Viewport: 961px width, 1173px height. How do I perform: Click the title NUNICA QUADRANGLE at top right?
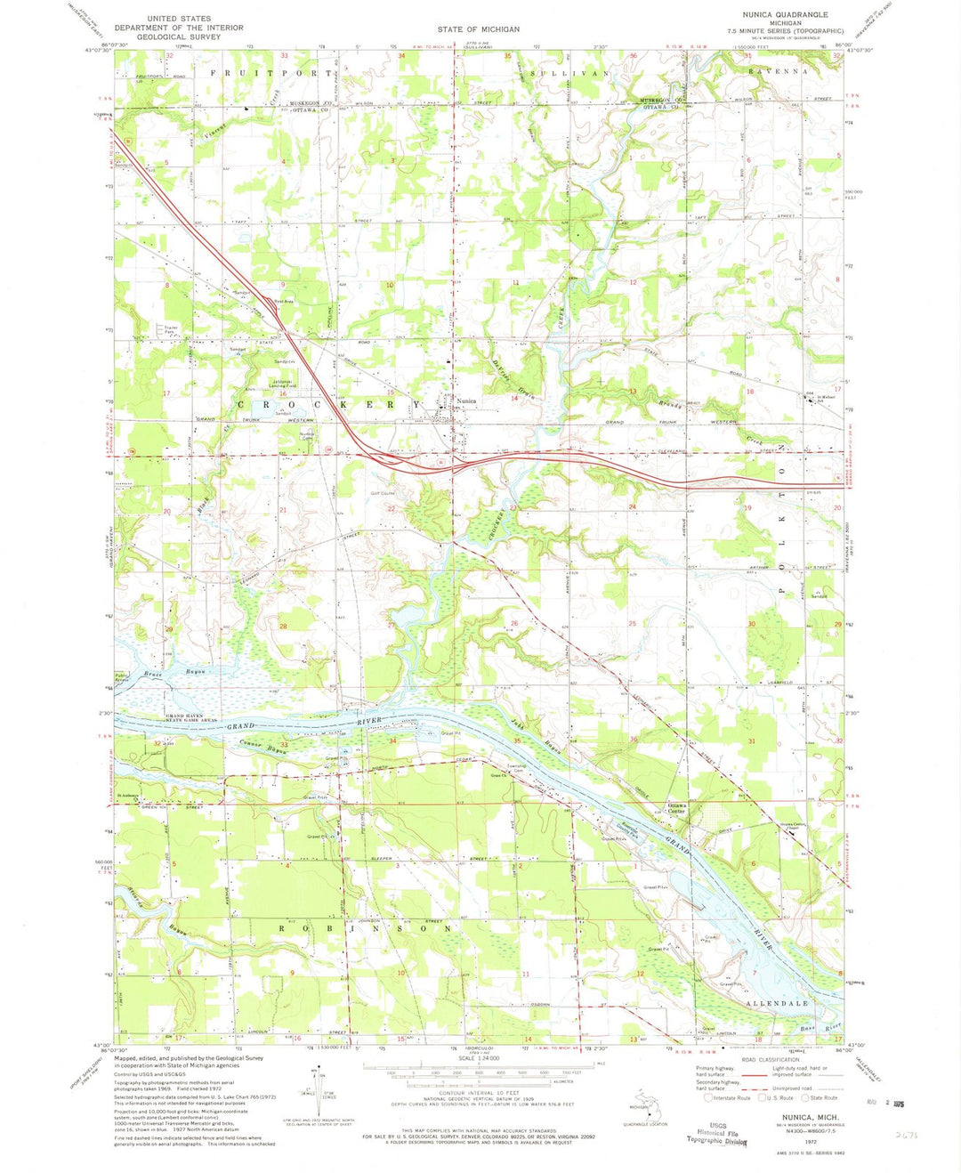pyautogui.click(x=785, y=15)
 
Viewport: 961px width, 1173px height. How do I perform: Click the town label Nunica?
pyautogui.click(x=466, y=401)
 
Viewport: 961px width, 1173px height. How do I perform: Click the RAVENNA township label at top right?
pyautogui.click(x=779, y=70)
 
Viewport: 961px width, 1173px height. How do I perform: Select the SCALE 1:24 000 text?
pyautogui.click(x=480, y=1064)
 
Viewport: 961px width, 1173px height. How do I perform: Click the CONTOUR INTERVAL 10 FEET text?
pyautogui.click(x=480, y=1100)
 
